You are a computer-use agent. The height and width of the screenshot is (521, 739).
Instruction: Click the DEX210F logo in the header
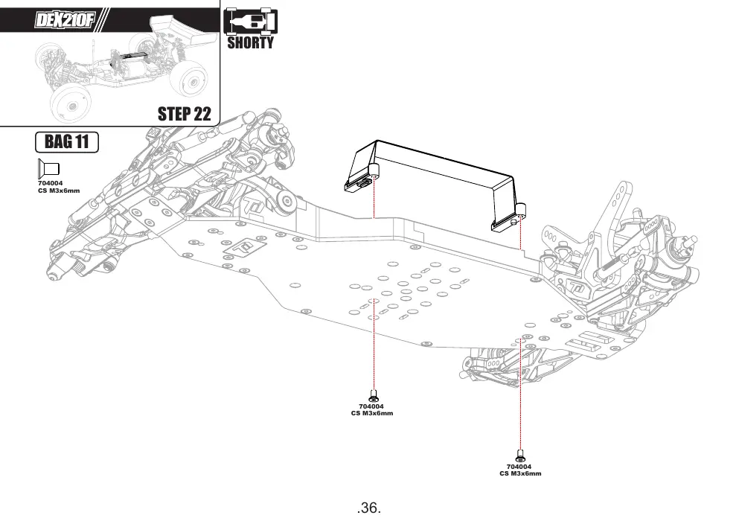65,20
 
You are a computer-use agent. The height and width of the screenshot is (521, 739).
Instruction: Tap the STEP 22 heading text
185,114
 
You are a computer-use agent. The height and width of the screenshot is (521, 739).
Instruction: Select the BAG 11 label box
67,142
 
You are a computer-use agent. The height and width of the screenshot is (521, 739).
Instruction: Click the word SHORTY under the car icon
250,43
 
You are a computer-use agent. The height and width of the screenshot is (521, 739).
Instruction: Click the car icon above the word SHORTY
250,22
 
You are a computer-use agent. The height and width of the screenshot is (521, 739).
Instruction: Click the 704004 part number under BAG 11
50,183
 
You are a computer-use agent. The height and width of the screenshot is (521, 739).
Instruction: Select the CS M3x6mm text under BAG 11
59,191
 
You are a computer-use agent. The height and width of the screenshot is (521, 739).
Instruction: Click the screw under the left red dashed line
374,395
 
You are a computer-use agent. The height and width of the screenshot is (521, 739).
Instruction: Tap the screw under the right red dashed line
520,456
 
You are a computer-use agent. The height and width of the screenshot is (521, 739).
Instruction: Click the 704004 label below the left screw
371,406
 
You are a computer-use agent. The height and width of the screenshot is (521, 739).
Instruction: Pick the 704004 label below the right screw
519,467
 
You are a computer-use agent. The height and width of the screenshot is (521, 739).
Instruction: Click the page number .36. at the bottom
369,508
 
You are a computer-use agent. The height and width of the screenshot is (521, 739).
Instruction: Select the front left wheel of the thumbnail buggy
70,105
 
